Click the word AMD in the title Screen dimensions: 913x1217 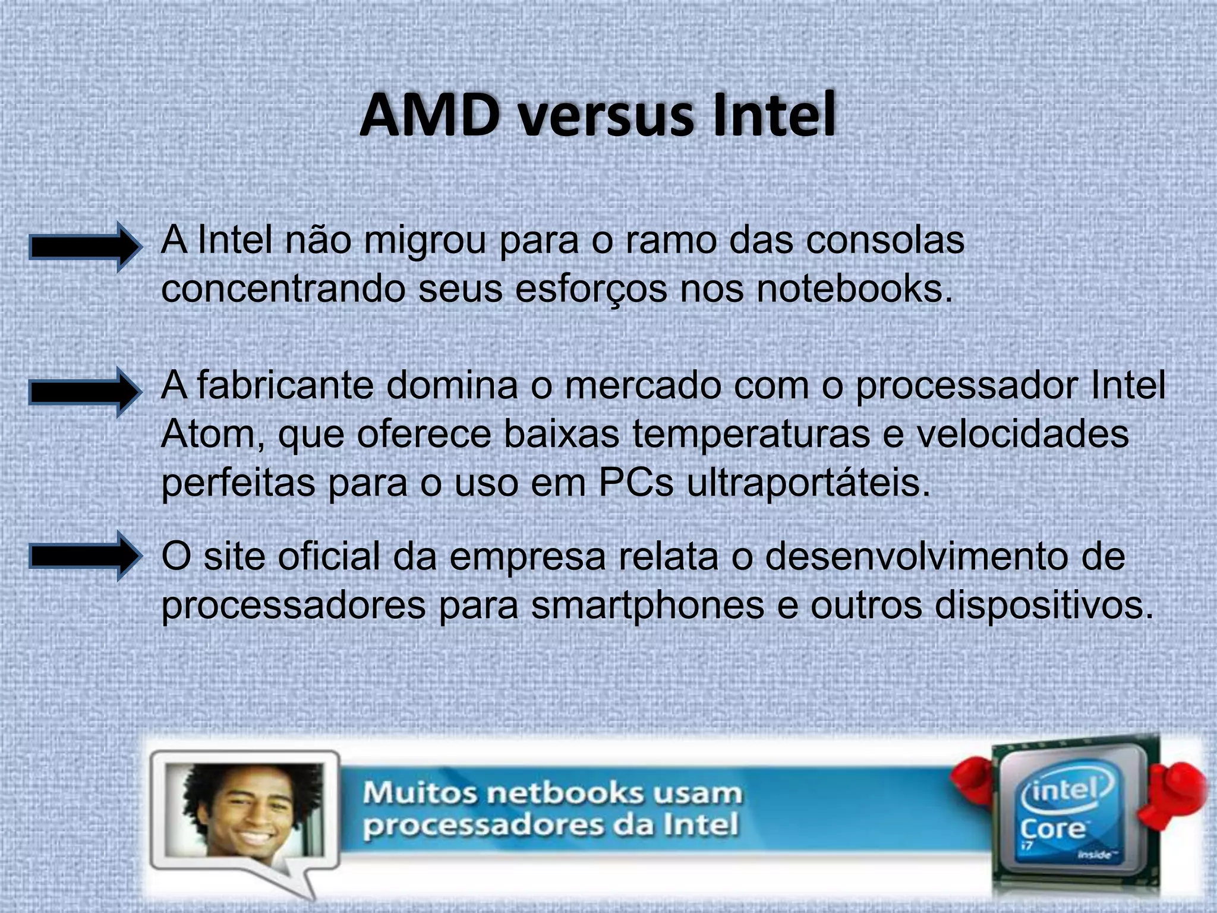coord(429,115)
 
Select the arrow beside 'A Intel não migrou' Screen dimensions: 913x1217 coord(85,247)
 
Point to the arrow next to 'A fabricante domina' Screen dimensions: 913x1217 coord(85,392)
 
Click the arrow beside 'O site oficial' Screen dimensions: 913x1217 coord(85,556)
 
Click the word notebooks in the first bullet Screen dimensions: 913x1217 coord(849,289)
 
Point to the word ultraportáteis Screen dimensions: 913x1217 coord(808,483)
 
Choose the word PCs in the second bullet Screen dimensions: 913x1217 coord(635,482)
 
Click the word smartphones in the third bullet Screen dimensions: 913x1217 coord(647,606)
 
